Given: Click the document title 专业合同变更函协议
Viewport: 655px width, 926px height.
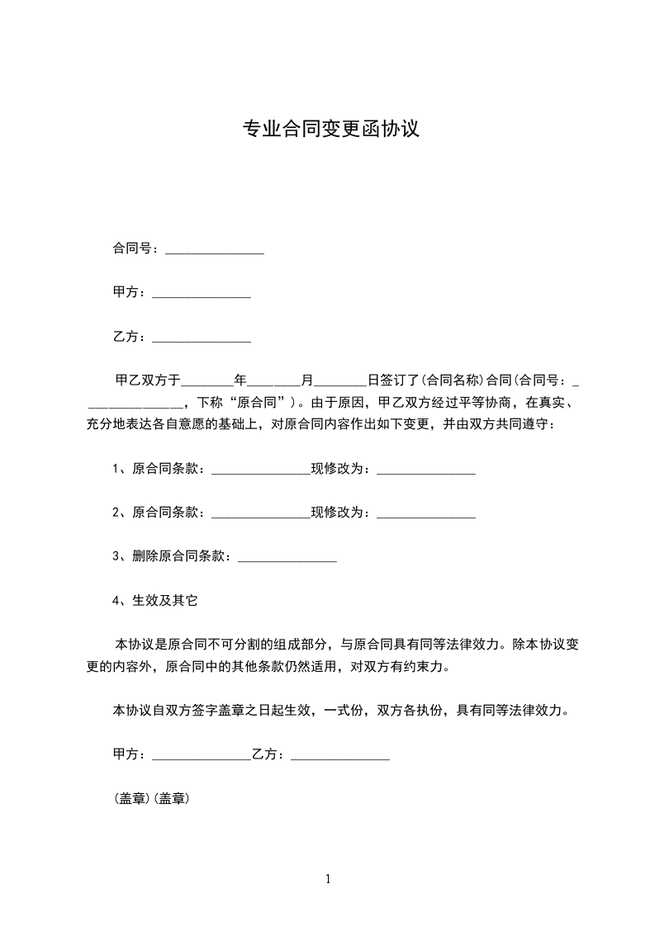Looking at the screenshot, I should tap(330, 130).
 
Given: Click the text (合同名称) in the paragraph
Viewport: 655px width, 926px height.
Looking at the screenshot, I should tap(453, 381).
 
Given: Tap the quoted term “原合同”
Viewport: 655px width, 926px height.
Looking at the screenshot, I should tap(251, 403).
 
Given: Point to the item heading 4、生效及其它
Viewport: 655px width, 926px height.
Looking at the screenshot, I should tap(155, 601).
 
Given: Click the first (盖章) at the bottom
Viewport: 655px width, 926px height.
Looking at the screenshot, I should tap(131, 799).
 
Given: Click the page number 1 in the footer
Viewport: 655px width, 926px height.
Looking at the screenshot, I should tap(328, 879).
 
